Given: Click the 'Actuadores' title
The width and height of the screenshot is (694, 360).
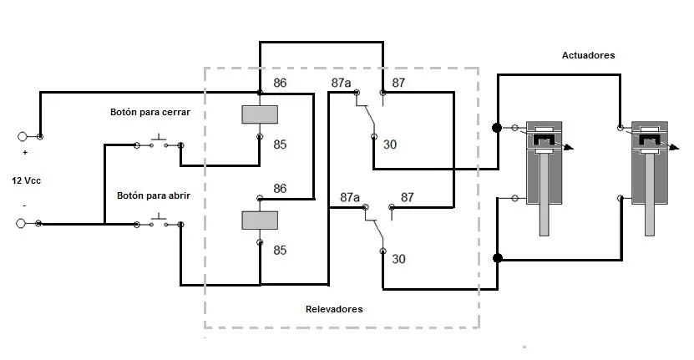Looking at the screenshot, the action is (x=588, y=55).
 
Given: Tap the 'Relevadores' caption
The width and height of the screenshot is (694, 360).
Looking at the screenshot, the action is (x=334, y=309).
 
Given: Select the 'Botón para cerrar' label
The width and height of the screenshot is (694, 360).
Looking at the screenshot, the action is (x=150, y=112).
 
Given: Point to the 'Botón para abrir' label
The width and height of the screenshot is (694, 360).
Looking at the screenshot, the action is (x=153, y=195).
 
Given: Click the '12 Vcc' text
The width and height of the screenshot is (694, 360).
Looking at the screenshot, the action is (x=26, y=180).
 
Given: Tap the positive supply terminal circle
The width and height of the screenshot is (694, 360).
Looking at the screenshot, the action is (x=22, y=136).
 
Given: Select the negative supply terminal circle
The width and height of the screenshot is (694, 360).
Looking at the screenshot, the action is (x=21, y=224).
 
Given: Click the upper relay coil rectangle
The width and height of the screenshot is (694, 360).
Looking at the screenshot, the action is (x=260, y=114).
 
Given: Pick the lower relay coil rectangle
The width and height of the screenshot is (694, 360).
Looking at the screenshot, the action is (x=260, y=220).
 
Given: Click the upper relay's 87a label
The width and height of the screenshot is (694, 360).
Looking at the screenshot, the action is (x=341, y=83).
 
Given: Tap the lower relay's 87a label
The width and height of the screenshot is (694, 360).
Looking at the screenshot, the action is (x=350, y=197).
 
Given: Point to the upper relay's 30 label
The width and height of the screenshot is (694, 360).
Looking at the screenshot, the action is (x=389, y=145).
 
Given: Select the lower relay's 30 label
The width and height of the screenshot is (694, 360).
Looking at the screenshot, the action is (x=398, y=259).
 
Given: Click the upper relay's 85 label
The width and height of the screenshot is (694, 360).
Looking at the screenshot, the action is (x=280, y=145).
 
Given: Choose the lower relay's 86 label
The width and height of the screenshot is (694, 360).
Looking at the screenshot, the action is (x=280, y=189).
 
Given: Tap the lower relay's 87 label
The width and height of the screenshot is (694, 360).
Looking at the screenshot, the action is (x=408, y=197).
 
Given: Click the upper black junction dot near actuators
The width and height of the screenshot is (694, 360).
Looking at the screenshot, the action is (x=497, y=128).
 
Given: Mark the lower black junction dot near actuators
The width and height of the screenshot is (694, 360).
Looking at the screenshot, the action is (x=498, y=258).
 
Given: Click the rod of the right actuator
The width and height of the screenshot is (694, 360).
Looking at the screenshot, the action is (x=649, y=194).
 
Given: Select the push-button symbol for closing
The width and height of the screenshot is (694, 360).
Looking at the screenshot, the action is (x=159, y=140).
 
